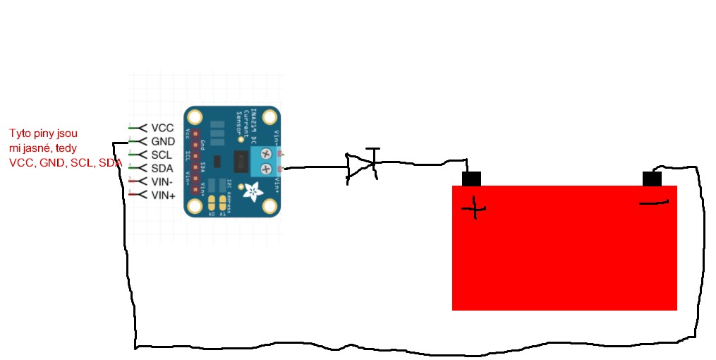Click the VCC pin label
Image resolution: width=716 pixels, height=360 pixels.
162,128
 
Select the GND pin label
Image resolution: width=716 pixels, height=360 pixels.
163,142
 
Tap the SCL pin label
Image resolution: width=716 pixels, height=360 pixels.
162,155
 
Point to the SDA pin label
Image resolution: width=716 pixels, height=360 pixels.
162,168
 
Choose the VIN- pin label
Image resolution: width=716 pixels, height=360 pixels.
163,181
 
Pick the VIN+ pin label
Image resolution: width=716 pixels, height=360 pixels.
164,195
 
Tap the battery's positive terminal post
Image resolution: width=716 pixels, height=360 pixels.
471,179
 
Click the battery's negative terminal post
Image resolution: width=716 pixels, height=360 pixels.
652,179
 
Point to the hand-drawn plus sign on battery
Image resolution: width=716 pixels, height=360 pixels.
474,208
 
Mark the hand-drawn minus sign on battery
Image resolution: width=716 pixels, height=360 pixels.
654,203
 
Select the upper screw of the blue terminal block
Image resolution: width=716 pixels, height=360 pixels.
266,152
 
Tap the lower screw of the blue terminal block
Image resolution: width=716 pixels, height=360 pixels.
266,169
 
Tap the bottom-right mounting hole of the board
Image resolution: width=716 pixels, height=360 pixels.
269,205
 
